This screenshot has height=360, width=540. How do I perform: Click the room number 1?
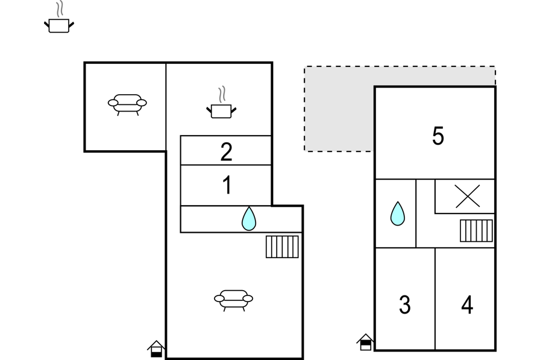click(x=227, y=185)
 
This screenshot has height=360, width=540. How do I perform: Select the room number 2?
click(x=226, y=151)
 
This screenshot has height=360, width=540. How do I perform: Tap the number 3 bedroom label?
click(x=405, y=305)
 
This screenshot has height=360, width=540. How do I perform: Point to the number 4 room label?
click(x=467, y=305)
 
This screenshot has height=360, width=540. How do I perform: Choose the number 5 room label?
click(x=438, y=136)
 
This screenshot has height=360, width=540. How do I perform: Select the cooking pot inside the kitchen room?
click(x=221, y=103)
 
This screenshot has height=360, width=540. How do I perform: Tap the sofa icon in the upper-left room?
click(x=127, y=104)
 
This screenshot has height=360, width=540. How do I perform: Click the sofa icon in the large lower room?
click(x=233, y=300)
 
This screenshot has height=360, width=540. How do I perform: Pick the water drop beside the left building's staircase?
click(x=249, y=219)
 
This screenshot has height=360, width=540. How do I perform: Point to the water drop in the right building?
click(x=397, y=214)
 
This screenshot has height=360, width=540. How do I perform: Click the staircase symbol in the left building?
click(x=282, y=247)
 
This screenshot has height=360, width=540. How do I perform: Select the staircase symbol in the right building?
click(x=476, y=230)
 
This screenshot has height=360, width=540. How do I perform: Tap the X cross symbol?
click(x=467, y=196)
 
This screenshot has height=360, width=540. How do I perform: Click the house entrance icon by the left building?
click(x=156, y=349)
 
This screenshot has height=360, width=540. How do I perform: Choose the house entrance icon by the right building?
click(x=365, y=342)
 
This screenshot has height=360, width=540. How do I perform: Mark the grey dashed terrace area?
click(x=339, y=109)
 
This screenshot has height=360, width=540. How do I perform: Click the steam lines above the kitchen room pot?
click(x=222, y=93)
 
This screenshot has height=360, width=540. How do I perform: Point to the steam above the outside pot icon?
click(x=60, y=9)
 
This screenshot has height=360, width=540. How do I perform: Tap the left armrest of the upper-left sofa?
click(x=113, y=103)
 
